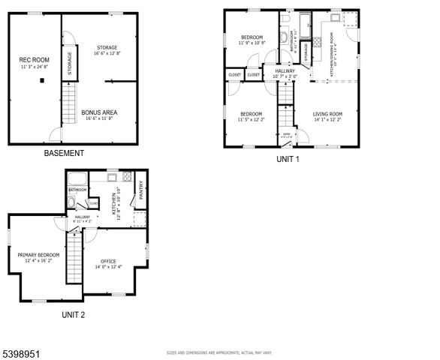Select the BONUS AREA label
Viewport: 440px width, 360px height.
[98, 112]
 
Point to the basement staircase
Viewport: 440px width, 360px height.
[68, 98]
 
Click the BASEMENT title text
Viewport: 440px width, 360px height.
[63, 153]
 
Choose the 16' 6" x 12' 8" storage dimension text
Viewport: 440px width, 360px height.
[107, 54]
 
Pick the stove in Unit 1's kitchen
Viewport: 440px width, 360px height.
[349, 19]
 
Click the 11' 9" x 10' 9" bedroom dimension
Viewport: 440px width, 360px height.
[252, 43]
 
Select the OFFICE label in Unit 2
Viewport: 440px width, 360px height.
[108, 261]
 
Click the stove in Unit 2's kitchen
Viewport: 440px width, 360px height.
[128, 178]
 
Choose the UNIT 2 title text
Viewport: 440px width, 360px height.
[73, 315]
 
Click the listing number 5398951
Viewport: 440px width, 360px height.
[21, 350]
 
